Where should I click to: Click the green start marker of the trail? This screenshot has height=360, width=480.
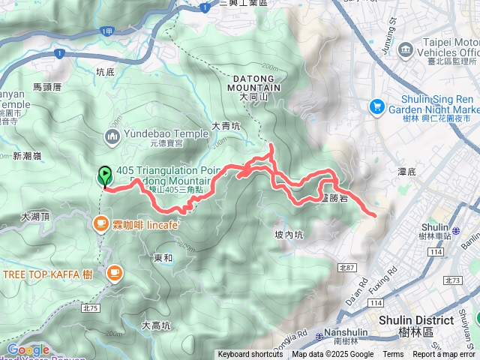105,176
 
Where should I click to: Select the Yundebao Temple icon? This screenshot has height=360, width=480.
112,135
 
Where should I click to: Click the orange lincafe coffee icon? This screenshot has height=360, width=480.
100,223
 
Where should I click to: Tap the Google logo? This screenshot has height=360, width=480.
28,349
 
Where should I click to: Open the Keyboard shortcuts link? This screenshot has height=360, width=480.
250,355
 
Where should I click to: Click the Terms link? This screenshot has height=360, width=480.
393,355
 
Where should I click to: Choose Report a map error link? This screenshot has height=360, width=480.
444,355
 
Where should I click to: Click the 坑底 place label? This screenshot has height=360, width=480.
106,72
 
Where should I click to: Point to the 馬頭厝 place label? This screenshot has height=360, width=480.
47,87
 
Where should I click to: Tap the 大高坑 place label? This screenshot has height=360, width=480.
156,325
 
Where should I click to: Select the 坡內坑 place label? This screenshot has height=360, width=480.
289,235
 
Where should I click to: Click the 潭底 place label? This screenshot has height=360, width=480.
406,172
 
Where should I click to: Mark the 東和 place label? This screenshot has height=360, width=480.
163,258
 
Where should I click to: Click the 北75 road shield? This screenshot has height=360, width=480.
91,307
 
